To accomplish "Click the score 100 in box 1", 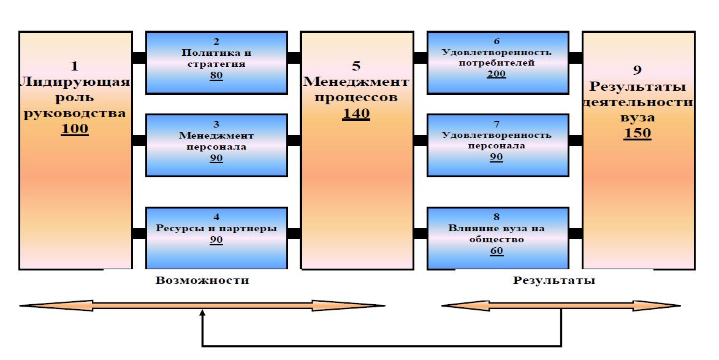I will pyautogui.click(x=75, y=129).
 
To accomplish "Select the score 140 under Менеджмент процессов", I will pyautogui.click(x=356, y=113).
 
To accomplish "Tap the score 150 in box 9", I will pyautogui.click(x=637, y=133).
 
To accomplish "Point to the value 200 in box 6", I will pyautogui.click(x=496, y=74).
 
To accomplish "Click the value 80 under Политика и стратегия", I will pyautogui.click(x=216, y=75).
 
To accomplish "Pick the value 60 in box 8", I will pyautogui.click(x=496, y=251).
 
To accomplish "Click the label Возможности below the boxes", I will pyautogui.click(x=202, y=280).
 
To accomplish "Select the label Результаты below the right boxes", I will pyautogui.click(x=554, y=280).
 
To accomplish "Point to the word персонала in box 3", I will pyautogui.click(x=216, y=147).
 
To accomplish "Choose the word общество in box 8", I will pyautogui.click(x=496, y=239).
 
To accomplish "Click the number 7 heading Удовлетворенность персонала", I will pyautogui.click(x=496, y=124).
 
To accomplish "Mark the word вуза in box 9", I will pyautogui.click(x=637, y=117).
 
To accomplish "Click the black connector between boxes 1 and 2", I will pyautogui.click(x=139, y=58).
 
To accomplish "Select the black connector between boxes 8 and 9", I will pyautogui.click(x=575, y=233).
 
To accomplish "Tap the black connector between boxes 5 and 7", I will pyautogui.click(x=420, y=140).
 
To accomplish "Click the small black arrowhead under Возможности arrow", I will pyautogui.click(x=202, y=313).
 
